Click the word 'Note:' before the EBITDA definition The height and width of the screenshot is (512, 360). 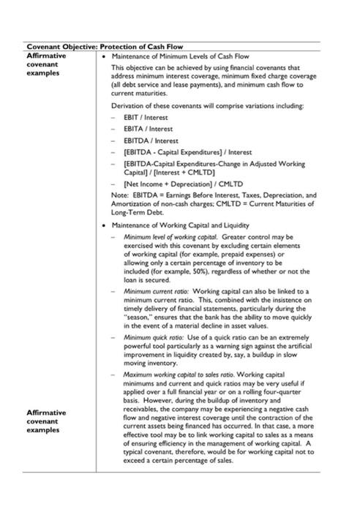pos(119,196)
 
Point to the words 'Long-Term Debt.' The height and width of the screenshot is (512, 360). pos(137,212)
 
